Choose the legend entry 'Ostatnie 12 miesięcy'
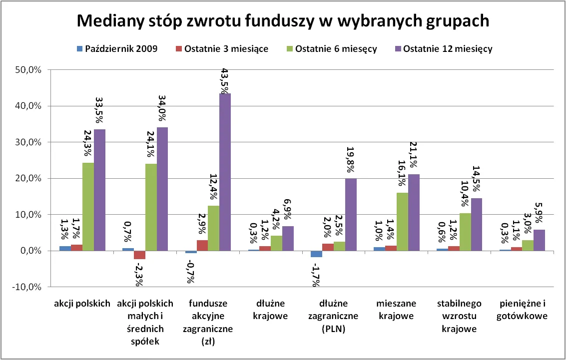pos(448,49)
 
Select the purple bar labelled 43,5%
pos(225,172)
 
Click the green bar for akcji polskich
pos(88,207)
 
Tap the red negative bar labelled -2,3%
pos(139,255)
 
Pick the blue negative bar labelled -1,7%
pos(316,254)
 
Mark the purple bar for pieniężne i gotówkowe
pos(539,240)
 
